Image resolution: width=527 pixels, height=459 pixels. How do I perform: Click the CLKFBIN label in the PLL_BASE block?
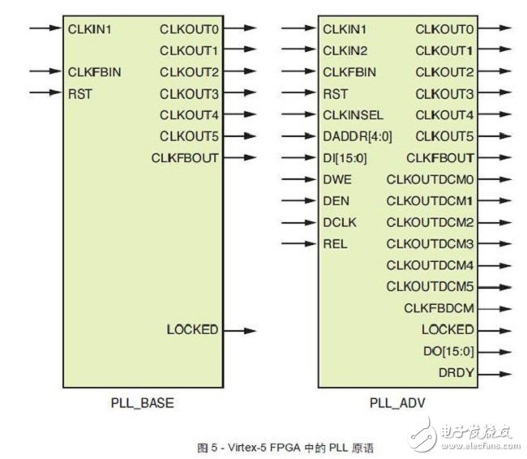tap(94, 72)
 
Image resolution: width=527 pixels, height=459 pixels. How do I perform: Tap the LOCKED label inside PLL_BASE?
tap(193, 330)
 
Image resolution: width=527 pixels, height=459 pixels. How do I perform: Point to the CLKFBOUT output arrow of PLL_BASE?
tap(240, 157)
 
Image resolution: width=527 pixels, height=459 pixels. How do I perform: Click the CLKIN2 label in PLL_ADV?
tap(345, 51)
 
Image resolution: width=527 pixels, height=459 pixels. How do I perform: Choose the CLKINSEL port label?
tap(353, 115)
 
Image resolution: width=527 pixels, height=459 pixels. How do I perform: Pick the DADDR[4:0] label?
tap(358, 137)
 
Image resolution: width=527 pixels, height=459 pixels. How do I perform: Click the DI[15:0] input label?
tap(345, 158)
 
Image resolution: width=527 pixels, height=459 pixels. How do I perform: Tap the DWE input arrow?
tap(299, 179)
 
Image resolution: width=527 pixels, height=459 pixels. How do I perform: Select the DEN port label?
tap(336, 201)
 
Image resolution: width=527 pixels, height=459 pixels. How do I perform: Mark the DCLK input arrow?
tap(299, 222)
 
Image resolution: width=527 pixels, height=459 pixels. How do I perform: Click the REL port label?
tap(335, 244)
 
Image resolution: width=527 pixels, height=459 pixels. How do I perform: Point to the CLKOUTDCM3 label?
tap(430, 244)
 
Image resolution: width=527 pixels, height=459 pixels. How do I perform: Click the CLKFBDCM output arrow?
tap(495, 309)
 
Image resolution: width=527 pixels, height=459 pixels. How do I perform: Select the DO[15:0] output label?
tap(448, 352)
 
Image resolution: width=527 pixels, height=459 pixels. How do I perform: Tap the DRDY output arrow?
tap(495, 374)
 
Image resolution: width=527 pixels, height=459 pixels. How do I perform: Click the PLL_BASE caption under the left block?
tap(143, 403)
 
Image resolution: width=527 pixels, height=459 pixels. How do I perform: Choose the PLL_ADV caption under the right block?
tap(397, 403)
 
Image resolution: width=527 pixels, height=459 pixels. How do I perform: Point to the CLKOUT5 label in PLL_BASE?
tap(189, 136)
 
